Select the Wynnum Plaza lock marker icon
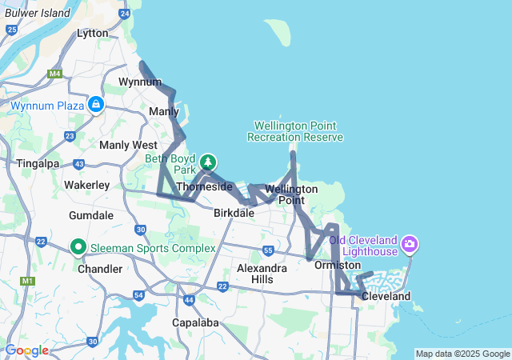click(95, 104)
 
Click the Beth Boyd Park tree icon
click(208, 162)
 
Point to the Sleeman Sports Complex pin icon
click(78, 247)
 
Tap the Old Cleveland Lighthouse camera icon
click(410, 242)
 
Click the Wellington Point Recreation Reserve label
click(295, 131)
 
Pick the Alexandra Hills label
click(262, 274)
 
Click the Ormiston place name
click(338, 265)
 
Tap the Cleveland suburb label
click(386, 296)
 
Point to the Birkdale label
click(234, 213)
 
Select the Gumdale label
click(91, 216)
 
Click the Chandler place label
click(100, 269)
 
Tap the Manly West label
click(128, 145)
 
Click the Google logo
click(26, 350)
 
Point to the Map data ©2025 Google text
click(462, 354)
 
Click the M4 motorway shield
click(54, 74)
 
